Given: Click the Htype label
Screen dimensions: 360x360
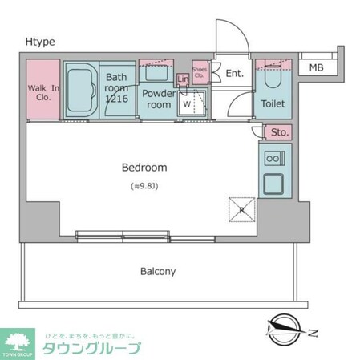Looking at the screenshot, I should [39, 42].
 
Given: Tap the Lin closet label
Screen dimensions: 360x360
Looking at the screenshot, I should [184, 79].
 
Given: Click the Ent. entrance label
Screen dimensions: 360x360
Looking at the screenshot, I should [234, 74].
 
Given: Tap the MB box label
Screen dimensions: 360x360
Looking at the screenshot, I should [318, 68].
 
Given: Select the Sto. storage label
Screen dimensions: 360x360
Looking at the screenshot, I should [279, 132].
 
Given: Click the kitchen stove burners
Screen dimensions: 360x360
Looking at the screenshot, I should [275, 156].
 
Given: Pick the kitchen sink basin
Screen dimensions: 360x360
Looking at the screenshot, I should [275, 184].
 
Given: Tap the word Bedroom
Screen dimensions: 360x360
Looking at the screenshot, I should [144, 168].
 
